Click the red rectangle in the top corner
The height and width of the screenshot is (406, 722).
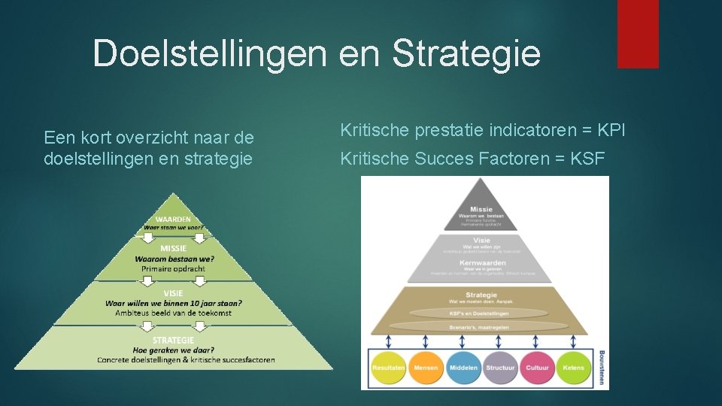coord(638,34)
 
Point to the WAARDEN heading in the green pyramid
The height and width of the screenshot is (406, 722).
coord(173,218)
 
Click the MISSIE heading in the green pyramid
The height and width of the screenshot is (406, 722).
coord(173,248)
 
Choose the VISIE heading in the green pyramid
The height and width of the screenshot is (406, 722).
coord(173,293)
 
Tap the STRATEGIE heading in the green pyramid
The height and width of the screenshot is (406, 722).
coord(173,340)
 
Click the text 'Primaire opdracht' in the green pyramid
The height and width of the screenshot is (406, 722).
coord(173,268)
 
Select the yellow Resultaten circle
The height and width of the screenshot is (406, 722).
coord(389,368)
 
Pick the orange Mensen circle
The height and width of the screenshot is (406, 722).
coord(426,368)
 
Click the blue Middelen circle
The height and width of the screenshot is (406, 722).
coord(463,368)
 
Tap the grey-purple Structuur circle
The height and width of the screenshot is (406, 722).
coord(500,368)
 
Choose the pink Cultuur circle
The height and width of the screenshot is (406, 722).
coord(537,368)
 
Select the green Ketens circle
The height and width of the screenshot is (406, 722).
coord(574,368)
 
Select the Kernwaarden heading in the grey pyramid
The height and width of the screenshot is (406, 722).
coord(481,263)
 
